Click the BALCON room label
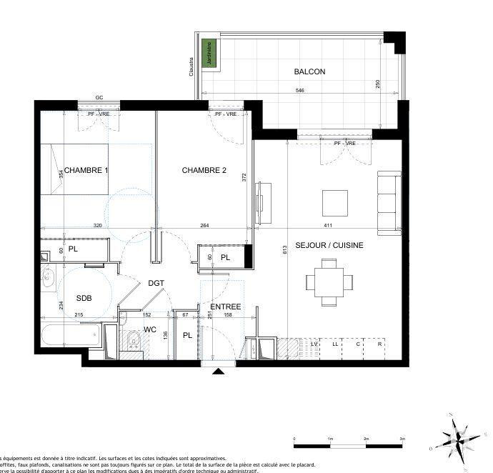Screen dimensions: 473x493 309,71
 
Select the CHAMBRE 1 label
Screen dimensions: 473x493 86,170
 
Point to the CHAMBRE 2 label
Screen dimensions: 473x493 204,170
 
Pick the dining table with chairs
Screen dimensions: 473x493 329,280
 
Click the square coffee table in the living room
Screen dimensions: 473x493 335,203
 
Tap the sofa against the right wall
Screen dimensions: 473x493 389,203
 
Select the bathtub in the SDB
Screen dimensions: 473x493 71,336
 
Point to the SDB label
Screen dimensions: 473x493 84,299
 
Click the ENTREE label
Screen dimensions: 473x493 224,307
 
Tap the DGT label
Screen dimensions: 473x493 156,283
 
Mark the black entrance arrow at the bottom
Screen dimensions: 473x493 218,371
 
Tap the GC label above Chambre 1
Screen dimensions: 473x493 99,98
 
